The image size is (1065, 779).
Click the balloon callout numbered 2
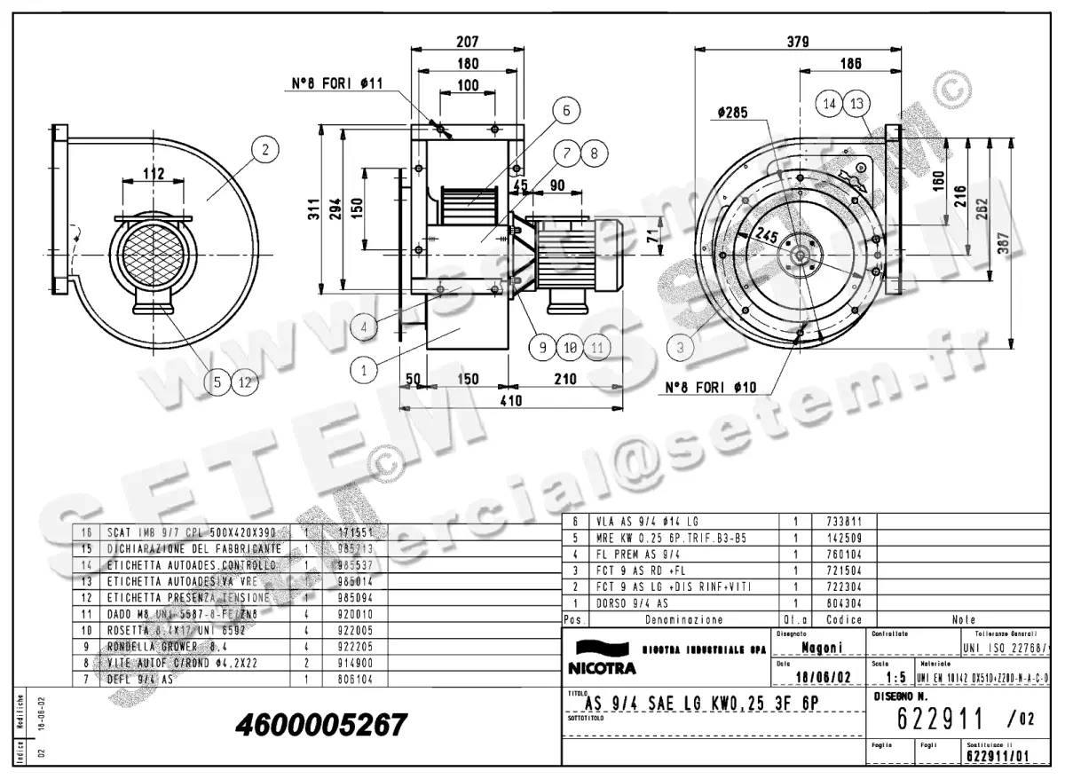264,149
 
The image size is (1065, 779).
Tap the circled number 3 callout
680,348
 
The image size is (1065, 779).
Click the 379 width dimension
798,40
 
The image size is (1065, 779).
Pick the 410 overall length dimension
509,401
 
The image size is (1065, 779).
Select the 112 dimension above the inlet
153,174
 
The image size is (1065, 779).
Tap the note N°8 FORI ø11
337,84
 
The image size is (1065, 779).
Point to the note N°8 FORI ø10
710,388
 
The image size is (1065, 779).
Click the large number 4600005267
321,725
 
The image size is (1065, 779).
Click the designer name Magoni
822,648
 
